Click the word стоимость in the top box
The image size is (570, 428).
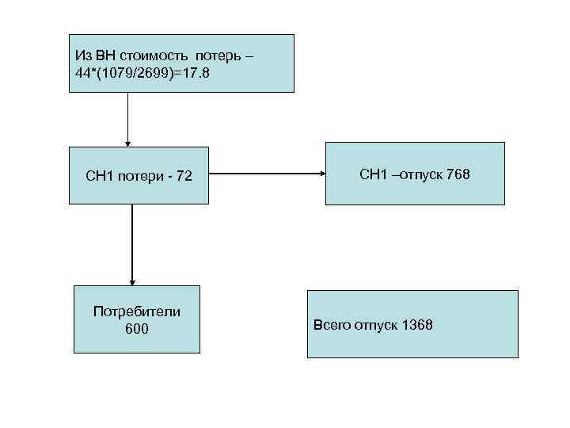click(x=150, y=55)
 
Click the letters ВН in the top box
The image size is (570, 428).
click(x=104, y=55)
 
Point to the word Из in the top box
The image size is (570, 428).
click(x=83, y=55)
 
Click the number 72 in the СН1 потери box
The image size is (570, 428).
click(x=184, y=176)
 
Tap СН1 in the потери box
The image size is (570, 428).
click(x=101, y=176)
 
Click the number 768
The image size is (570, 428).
click(x=458, y=174)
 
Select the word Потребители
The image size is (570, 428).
click(x=136, y=311)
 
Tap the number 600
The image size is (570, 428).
click(x=136, y=328)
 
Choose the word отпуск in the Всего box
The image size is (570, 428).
click(x=375, y=325)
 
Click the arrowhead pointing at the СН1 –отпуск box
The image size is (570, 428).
click(x=321, y=174)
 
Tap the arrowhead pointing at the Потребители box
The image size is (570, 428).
click(x=132, y=281)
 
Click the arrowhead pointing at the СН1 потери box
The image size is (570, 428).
click(x=127, y=143)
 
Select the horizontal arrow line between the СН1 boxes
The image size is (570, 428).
click(x=265, y=174)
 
